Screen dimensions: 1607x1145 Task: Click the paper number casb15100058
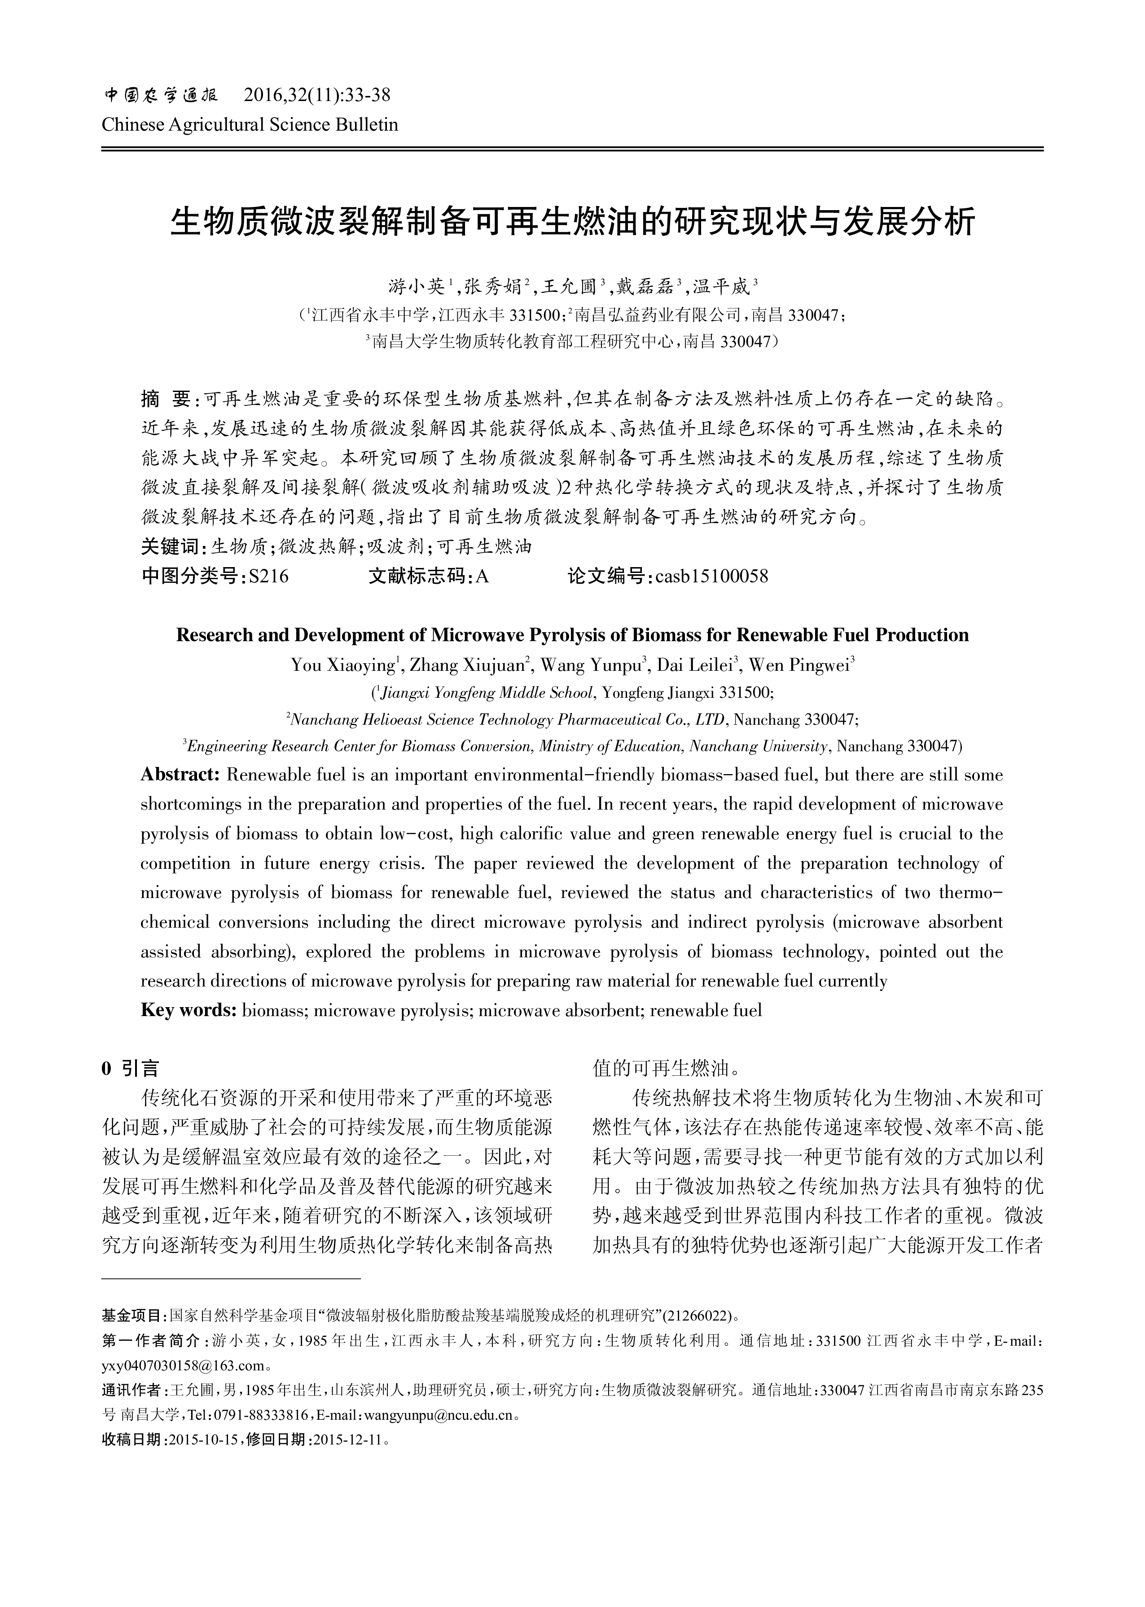pos(711,576)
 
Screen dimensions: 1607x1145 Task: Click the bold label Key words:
pos(188,1010)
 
